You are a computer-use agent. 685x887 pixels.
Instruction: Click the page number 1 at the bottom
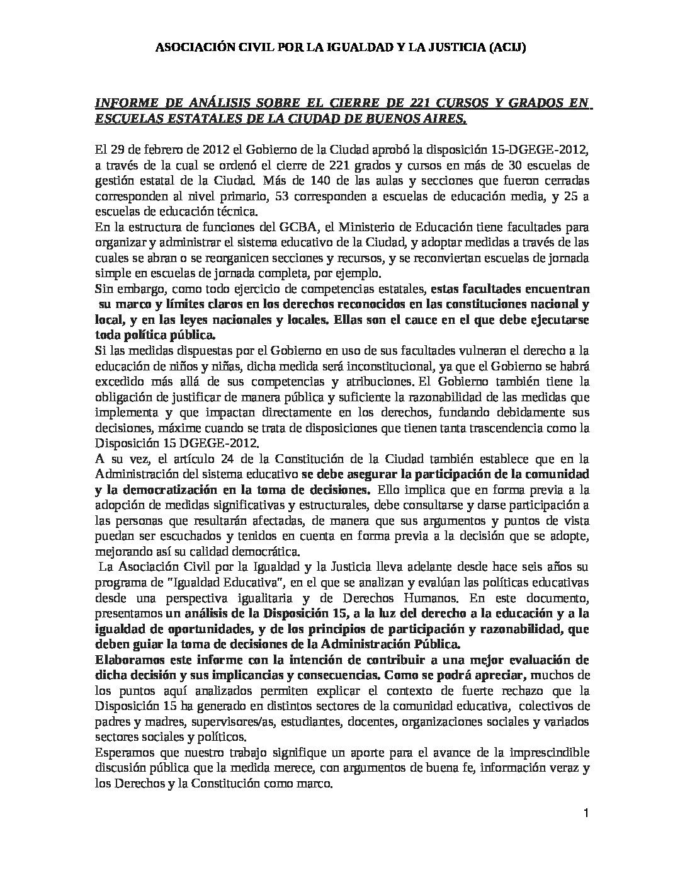click(x=586, y=814)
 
